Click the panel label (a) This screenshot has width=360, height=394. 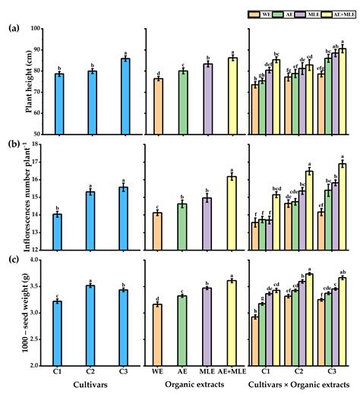(x=14, y=29)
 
